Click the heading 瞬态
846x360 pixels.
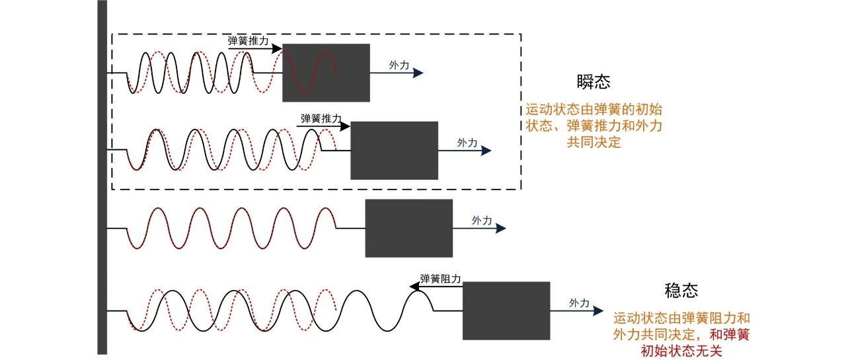pos(594,82)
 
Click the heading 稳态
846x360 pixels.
pos(681,291)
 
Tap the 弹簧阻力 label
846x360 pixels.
pos(440,279)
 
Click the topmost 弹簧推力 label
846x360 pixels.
pos(248,41)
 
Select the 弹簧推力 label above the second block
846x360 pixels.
pos(321,118)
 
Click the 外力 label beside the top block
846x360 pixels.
pos(399,65)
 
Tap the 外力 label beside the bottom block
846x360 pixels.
pos(580,303)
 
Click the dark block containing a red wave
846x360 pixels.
pos(326,73)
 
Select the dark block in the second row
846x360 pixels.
pos(395,151)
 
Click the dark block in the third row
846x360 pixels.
pos(408,229)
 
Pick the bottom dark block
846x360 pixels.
pos(506,310)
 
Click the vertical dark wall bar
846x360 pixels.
pos(102,178)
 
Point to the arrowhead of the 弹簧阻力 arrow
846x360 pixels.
pos(414,287)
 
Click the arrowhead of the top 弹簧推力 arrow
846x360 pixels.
pos(277,48)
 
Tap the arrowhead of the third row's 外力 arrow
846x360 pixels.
pos(501,228)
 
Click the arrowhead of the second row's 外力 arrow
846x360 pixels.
pos(486,151)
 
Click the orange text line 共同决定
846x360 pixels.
pos(594,142)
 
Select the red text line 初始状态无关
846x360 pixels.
pos(681,351)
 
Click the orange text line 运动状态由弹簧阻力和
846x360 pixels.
pos(681,318)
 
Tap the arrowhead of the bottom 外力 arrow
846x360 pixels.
pos(599,310)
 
